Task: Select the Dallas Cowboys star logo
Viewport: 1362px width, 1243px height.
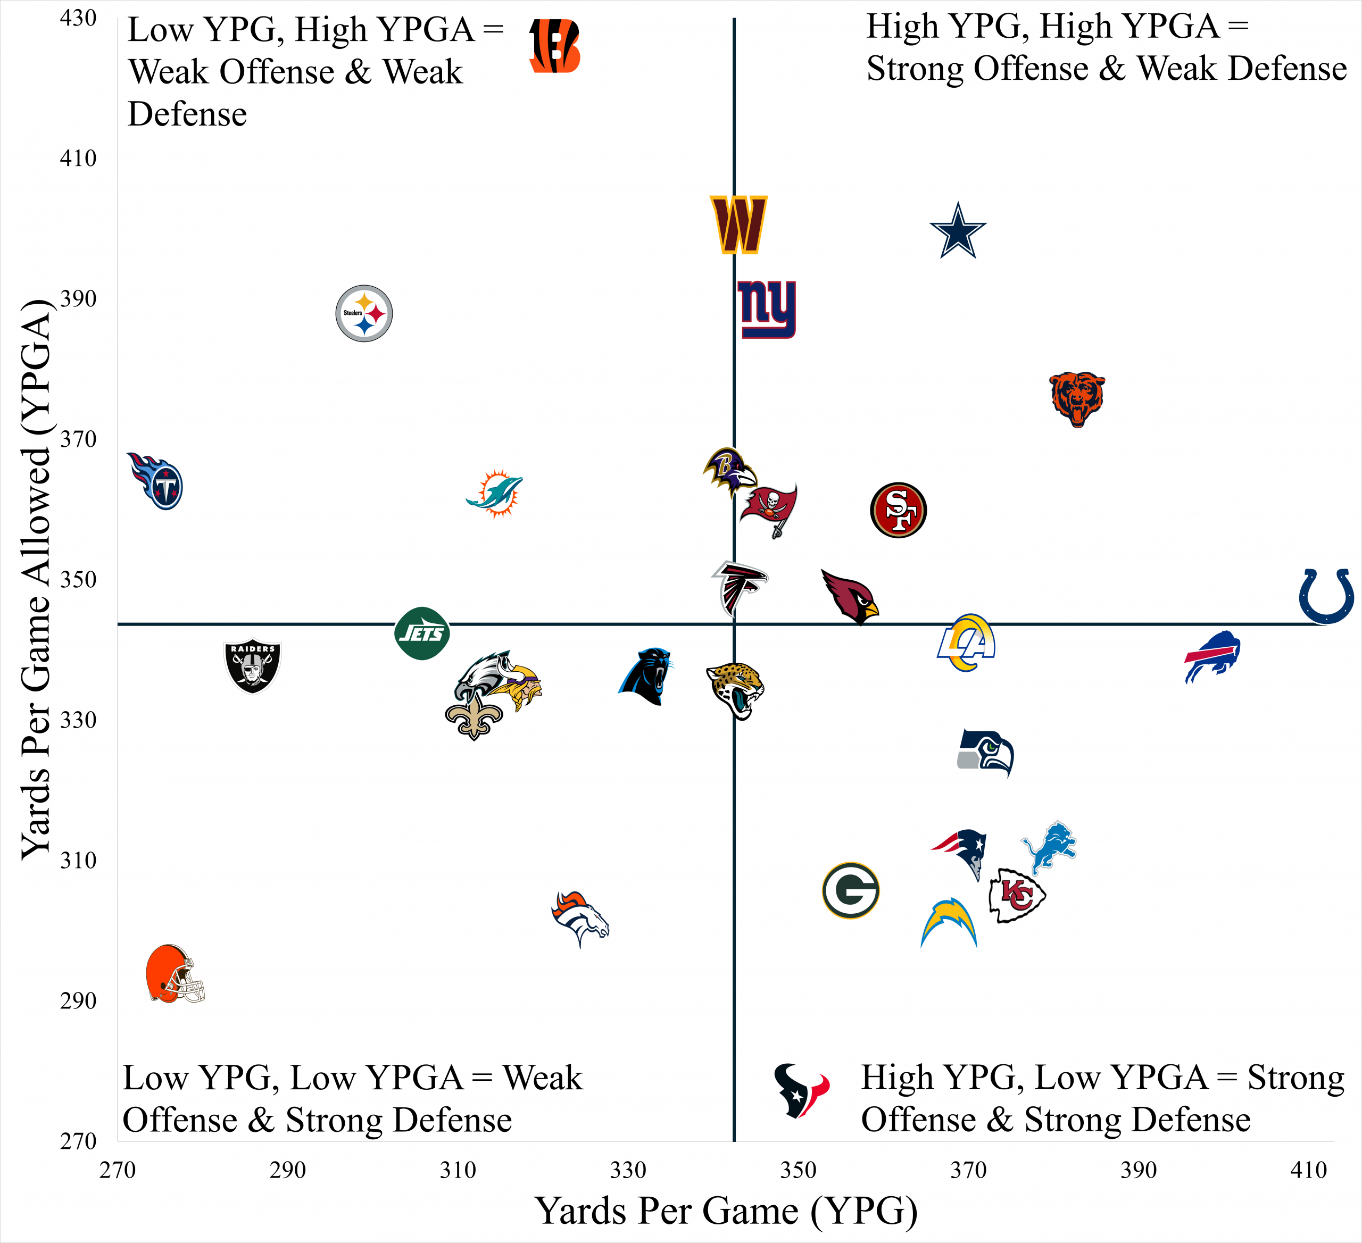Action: click(958, 231)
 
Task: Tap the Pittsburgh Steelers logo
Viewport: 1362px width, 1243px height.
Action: click(364, 313)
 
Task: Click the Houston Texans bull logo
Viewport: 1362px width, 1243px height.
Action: click(801, 1090)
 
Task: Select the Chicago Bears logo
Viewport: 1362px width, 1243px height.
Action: click(1077, 398)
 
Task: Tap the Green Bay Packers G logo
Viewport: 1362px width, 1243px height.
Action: click(851, 890)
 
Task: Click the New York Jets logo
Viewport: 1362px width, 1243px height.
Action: click(422, 633)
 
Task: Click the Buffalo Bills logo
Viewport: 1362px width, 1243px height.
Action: click(1212, 657)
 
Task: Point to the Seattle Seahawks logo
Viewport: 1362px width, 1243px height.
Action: click(986, 753)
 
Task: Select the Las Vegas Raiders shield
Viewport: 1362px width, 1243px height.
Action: click(253, 665)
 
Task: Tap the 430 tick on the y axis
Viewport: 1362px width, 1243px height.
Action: click(78, 18)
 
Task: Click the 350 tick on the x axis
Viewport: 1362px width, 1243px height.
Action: click(799, 1170)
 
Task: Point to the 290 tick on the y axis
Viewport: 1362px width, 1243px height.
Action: click(78, 1000)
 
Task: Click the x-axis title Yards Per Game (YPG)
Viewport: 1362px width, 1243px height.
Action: click(726, 1211)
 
